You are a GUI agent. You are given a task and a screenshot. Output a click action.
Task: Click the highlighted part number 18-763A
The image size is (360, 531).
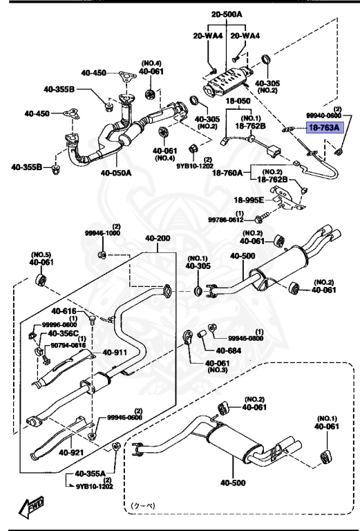click(x=324, y=128)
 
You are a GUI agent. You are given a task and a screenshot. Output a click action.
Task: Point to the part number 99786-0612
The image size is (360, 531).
click(x=241, y=219)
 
